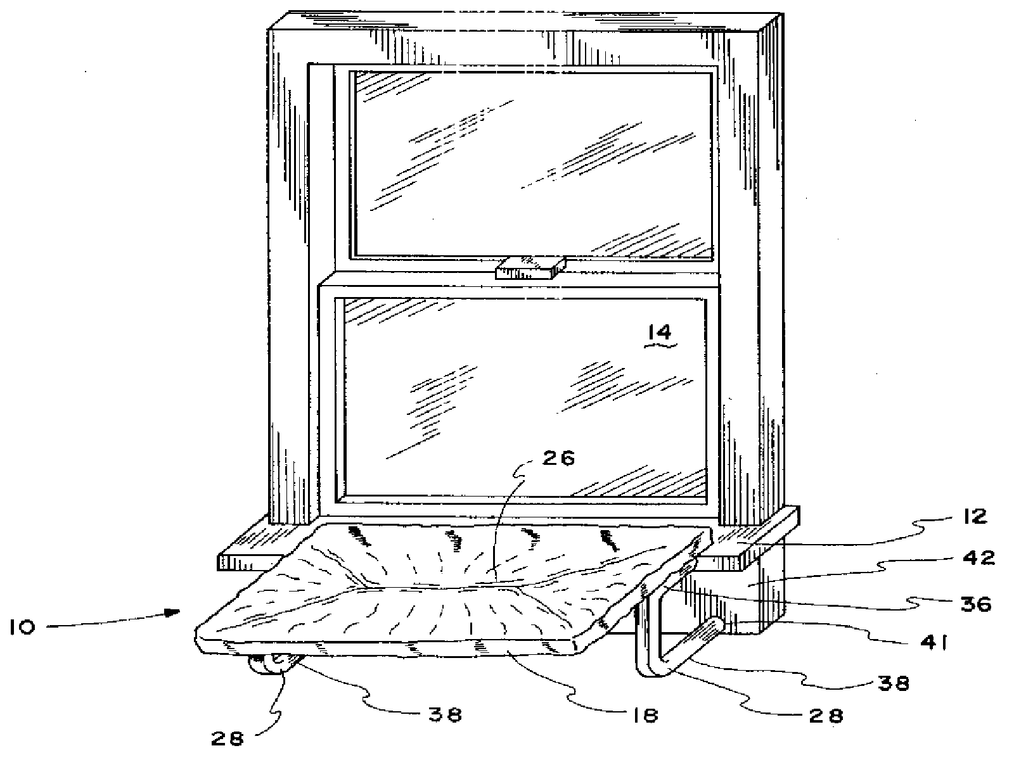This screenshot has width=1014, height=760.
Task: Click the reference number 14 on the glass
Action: pyautogui.click(x=659, y=332)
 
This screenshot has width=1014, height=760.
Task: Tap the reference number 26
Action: pyautogui.click(x=559, y=459)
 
